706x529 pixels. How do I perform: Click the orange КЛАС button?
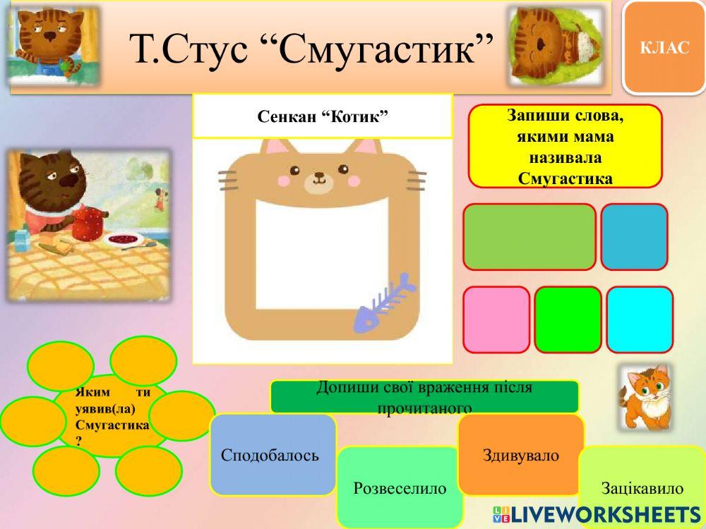pyautogui.click(x=664, y=47)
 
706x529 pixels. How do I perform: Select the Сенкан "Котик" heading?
pyautogui.click(x=323, y=116)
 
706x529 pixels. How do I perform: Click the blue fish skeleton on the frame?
pyautogui.click(x=384, y=303)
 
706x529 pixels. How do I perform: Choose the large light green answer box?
pyautogui.click(x=529, y=237)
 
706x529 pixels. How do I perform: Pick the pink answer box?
pyautogui.click(x=496, y=320)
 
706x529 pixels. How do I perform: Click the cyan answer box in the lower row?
pyautogui.click(x=640, y=320)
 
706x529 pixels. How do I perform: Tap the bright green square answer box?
pyautogui.click(x=568, y=320)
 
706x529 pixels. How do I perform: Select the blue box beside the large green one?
pyautogui.click(x=634, y=237)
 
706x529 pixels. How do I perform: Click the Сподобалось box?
pyautogui.click(x=273, y=455)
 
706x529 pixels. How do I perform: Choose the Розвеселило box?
pyautogui.click(x=400, y=487)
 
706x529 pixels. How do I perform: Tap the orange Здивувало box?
pyautogui.click(x=521, y=455)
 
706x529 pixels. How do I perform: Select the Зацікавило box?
pyautogui.click(x=642, y=487)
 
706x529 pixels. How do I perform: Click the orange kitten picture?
pyautogui.click(x=644, y=396)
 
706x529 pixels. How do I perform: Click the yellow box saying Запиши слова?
pyautogui.click(x=565, y=146)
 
